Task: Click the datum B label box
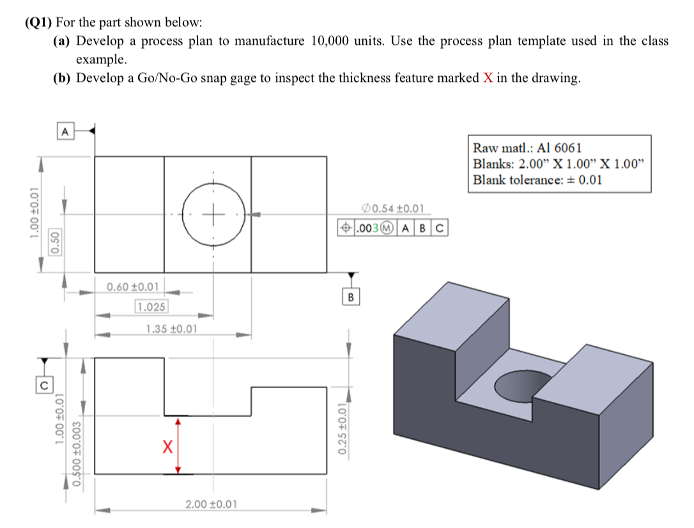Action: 351,297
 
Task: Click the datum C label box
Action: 43,384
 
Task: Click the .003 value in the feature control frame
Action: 367,227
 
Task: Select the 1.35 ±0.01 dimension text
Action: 171,329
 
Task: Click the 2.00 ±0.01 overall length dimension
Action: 211,504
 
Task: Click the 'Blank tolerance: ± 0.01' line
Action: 537,179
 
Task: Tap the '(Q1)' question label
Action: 39,22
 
